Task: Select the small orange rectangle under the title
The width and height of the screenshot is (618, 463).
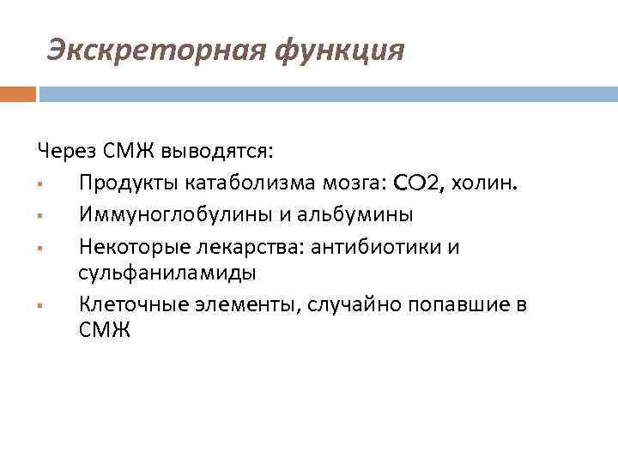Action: point(18,93)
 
